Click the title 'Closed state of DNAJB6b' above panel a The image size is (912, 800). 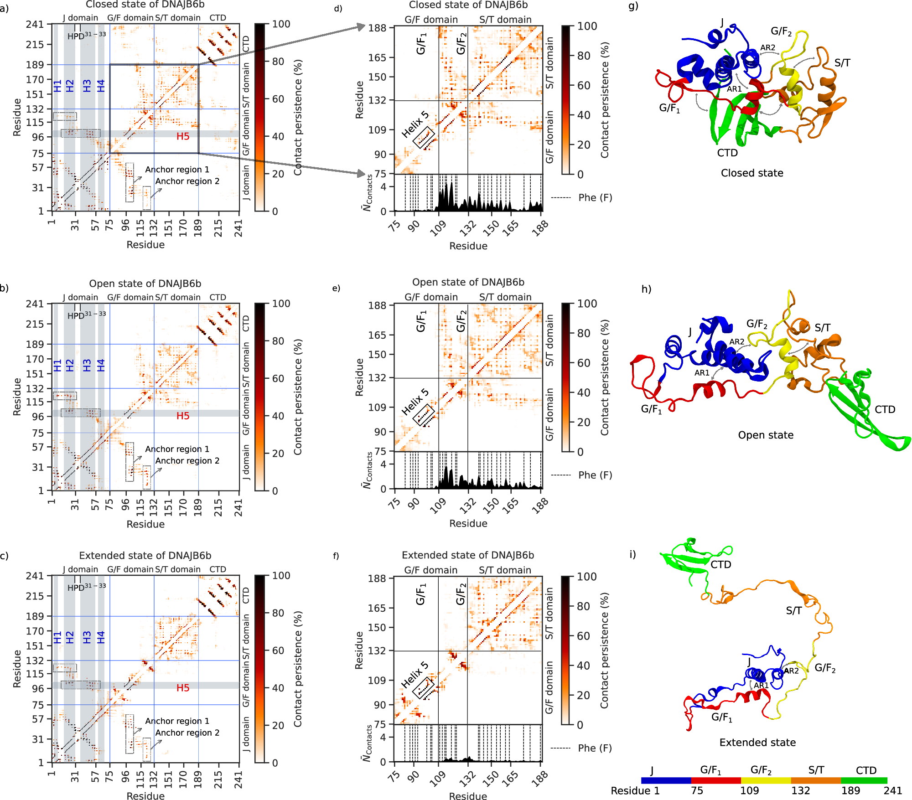pos(145,5)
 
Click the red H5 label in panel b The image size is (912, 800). pos(183,416)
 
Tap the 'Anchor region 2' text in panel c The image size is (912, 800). pos(187,733)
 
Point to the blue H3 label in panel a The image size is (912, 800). pos(87,86)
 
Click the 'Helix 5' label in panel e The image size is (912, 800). pos(415,402)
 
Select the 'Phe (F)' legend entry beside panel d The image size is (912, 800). pos(595,197)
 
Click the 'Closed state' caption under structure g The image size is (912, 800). pos(752,173)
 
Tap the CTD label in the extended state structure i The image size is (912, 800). pos(720,564)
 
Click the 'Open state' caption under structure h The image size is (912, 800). pos(766,435)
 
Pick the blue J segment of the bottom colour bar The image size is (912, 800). pos(665,780)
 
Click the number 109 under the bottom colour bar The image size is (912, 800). pos(749,791)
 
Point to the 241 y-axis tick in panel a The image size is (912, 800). pos(35,24)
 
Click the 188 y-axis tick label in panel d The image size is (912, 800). pos(377,28)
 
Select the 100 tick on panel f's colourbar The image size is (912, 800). pos(587,577)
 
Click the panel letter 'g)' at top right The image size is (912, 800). pos(633,6)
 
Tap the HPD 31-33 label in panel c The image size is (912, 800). pos(86,587)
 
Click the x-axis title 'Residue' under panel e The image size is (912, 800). pos(468,523)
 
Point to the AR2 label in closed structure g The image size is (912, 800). pos(767,48)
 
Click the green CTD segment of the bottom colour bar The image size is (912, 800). pos(864,780)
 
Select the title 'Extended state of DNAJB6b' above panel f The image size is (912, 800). pos(468,555)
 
